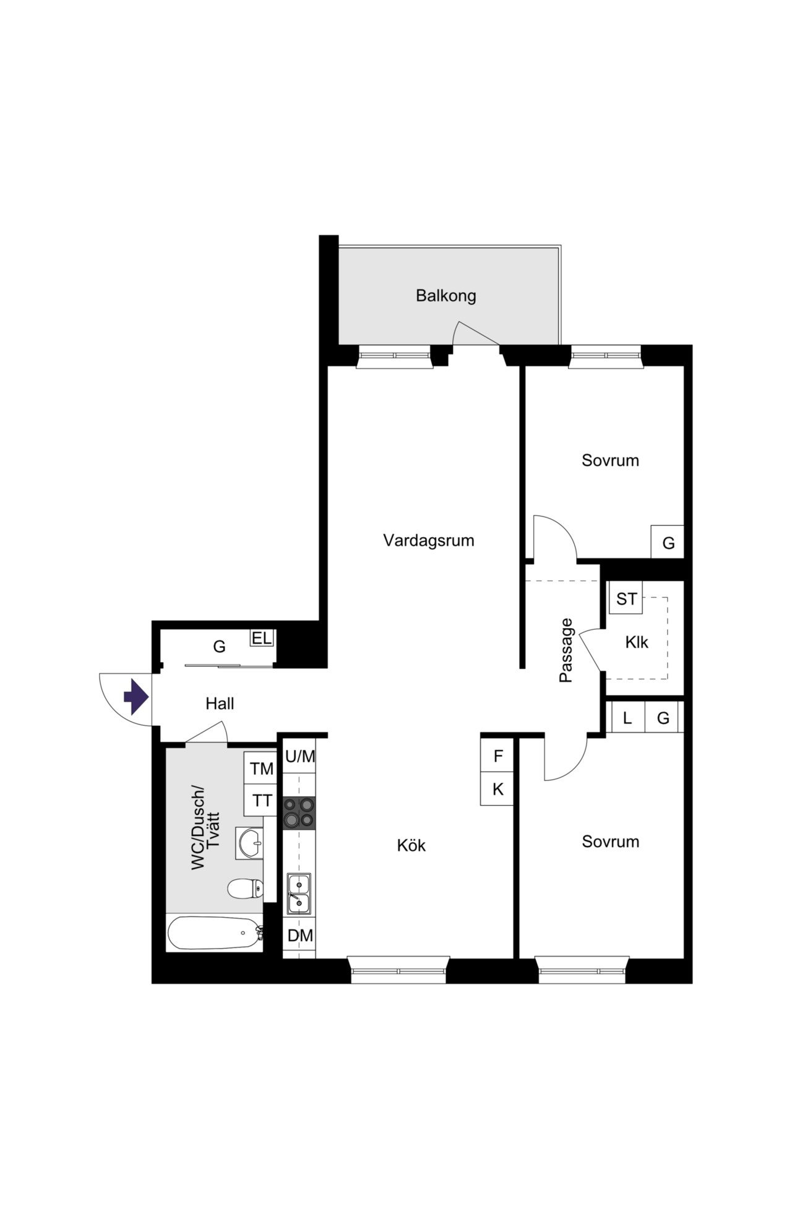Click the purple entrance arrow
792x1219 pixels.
(136, 697)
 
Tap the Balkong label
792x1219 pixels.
(445, 296)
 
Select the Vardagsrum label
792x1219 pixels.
(428, 540)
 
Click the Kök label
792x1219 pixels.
(411, 845)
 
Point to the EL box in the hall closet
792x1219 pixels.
(262, 638)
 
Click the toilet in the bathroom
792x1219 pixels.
(245, 889)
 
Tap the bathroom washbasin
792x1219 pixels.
(249, 842)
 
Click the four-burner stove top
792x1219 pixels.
(299, 812)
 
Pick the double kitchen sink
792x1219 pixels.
(299, 894)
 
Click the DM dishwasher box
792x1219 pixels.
(299, 936)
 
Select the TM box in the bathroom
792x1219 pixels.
(261, 769)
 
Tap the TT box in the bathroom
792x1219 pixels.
(261, 801)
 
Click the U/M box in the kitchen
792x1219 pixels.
(299, 756)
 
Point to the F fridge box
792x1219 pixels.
(497, 756)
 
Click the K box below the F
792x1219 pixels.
(497, 789)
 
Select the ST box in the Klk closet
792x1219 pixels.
(626, 598)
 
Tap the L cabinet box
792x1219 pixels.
(627, 718)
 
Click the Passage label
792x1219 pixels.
(566, 650)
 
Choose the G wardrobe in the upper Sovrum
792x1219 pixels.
(668, 542)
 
